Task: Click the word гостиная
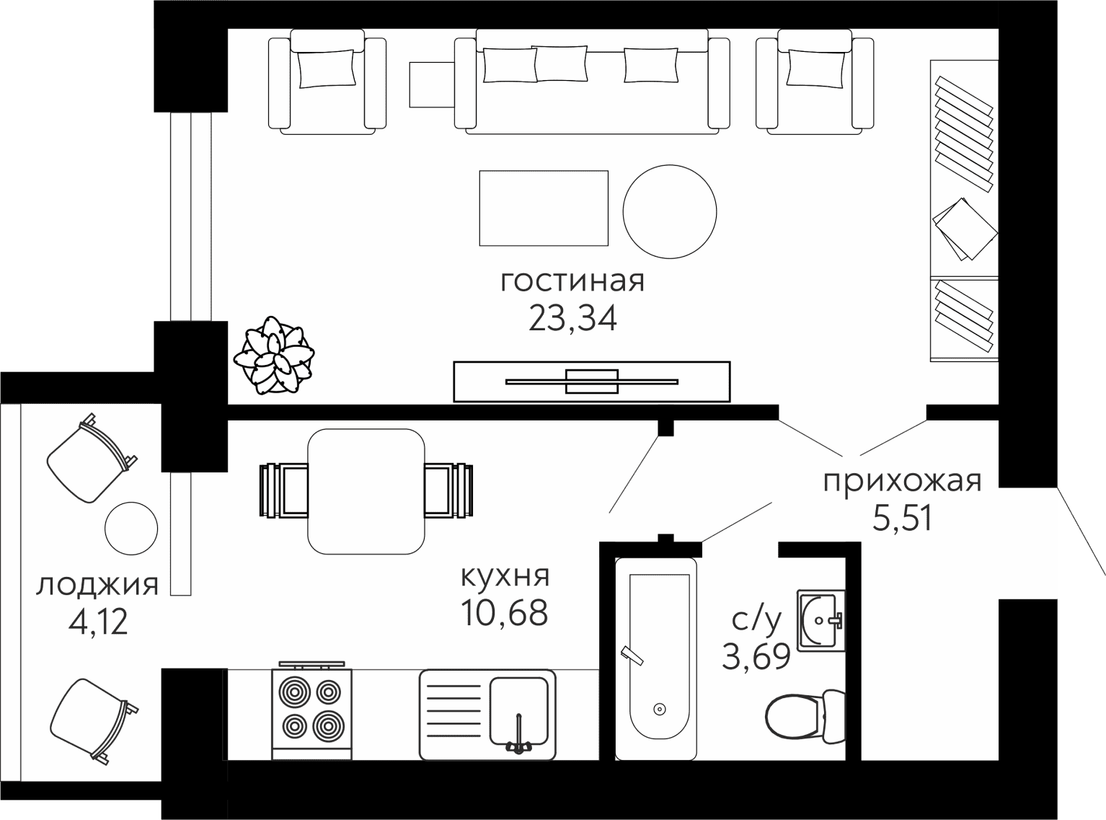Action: [572, 281]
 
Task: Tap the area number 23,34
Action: [572, 318]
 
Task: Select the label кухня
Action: [505, 576]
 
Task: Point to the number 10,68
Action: [504, 613]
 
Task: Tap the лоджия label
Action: [97, 586]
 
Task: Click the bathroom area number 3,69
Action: [756, 656]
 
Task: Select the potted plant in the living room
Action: [274, 355]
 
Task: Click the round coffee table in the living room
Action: [670, 211]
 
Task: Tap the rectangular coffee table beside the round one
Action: [544, 208]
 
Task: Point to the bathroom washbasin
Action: [820, 620]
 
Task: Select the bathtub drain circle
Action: [660, 709]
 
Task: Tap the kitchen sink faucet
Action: [518, 739]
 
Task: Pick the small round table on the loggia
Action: [131, 528]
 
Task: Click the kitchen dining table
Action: [366, 491]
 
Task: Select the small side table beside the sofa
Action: [432, 84]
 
